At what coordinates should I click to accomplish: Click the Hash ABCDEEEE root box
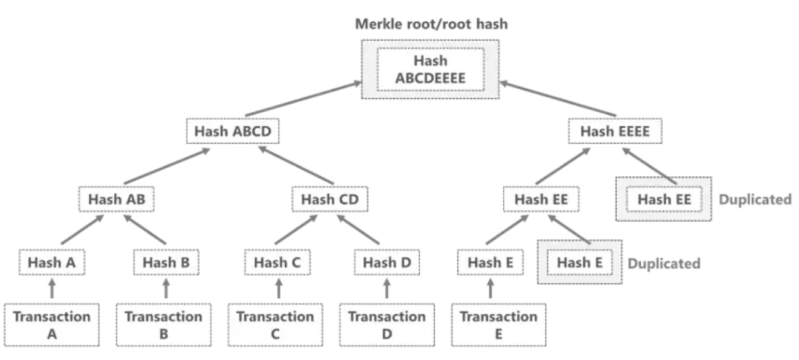[x=430, y=70]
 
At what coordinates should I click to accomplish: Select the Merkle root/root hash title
[x=430, y=25]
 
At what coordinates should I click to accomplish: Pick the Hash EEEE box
[x=615, y=131]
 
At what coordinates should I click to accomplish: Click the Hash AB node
[x=115, y=199]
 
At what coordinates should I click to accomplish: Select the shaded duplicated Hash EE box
[x=663, y=199]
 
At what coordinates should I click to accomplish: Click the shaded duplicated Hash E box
[x=580, y=262]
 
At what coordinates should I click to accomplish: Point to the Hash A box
[x=52, y=262]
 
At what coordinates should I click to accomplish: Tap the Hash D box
[x=387, y=262]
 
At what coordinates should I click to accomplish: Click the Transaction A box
[x=52, y=325]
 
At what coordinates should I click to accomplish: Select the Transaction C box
[x=275, y=325]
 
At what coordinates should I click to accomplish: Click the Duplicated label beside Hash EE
[x=755, y=199]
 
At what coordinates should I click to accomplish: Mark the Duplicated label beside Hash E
[x=664, y=263]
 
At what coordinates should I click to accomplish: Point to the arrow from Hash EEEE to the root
[x=558, y=99]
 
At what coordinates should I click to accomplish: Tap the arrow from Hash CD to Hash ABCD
[x=296, y=165]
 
